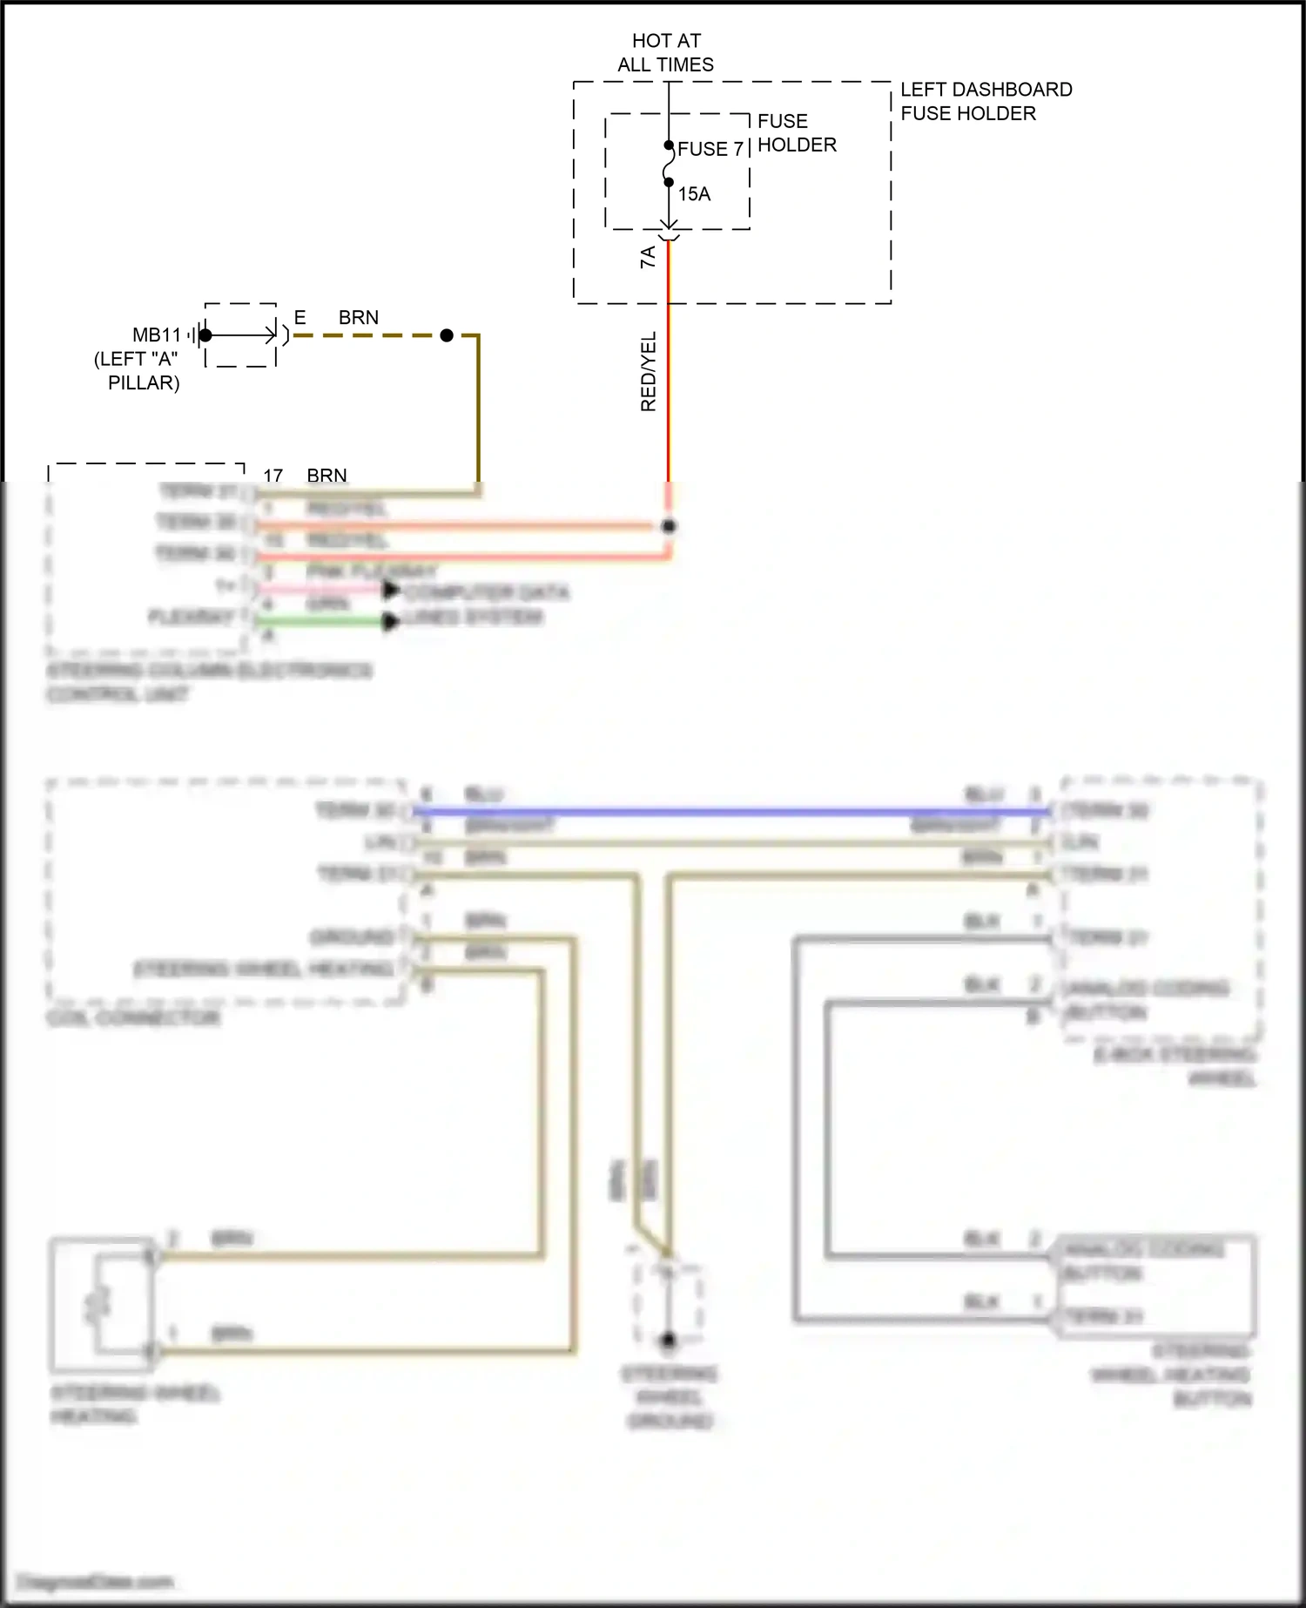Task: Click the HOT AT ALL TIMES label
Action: (x=666, y=52)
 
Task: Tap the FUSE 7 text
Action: (x=710, y=149)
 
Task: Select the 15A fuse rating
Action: (x=694, y=194)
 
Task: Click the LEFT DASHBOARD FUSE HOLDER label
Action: (x=986, y=101)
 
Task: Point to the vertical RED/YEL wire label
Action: (x=649, y=371)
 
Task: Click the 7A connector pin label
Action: (x=648, y=257)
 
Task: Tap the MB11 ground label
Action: (x=157, y=335)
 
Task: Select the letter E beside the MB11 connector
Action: (x=300, y=318)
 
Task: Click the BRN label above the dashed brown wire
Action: (x=359, y=318)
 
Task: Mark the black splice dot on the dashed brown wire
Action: (x=447, y=335)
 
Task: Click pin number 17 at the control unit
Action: (x=273, y=476)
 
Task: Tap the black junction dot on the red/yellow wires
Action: (x=669, y=526)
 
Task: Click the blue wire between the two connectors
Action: (x=731, y=812)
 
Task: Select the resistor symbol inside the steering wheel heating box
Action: (x=98, y=1303)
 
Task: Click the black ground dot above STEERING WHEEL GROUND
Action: (x=669, y=1341)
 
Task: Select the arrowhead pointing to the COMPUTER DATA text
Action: (x=391, y=591)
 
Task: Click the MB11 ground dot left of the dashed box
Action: (x=205, y=335)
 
